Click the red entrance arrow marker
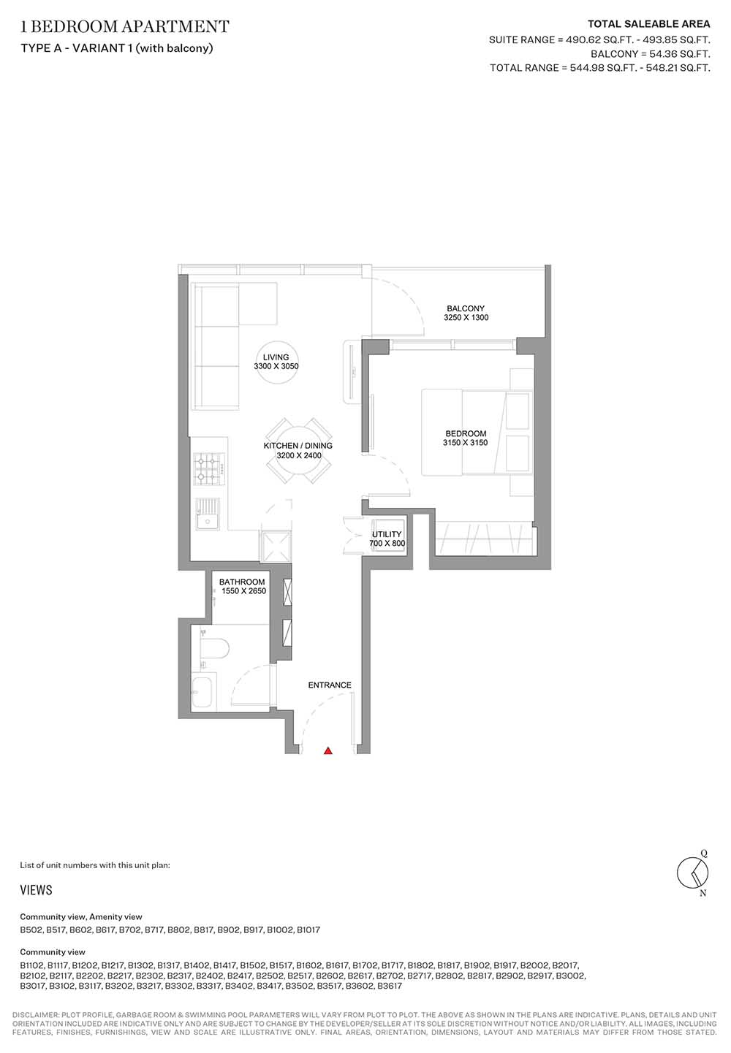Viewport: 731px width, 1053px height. coord(328,750)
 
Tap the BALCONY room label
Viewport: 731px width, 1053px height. coord(466,308)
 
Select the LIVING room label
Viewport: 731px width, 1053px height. coord(276,357)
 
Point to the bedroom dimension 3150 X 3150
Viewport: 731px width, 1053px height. coord(465,442)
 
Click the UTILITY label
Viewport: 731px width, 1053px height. coord(387,534)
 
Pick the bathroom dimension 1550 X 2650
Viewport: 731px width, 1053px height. coord(243,591)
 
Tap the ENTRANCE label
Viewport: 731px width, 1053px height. coord(330,685)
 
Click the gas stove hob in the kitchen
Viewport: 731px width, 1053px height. coord(210,468)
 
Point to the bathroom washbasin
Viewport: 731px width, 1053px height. coord(204,691)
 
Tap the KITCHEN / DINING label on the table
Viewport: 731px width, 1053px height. coord(298,446)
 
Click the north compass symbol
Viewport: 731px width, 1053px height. coord(693,873)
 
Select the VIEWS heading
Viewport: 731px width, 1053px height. coord(37,890)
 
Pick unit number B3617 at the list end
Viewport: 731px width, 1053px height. coord(390,986)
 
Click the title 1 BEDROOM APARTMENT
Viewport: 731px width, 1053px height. coord(125,26)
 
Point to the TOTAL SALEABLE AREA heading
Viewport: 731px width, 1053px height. coord(648,24)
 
